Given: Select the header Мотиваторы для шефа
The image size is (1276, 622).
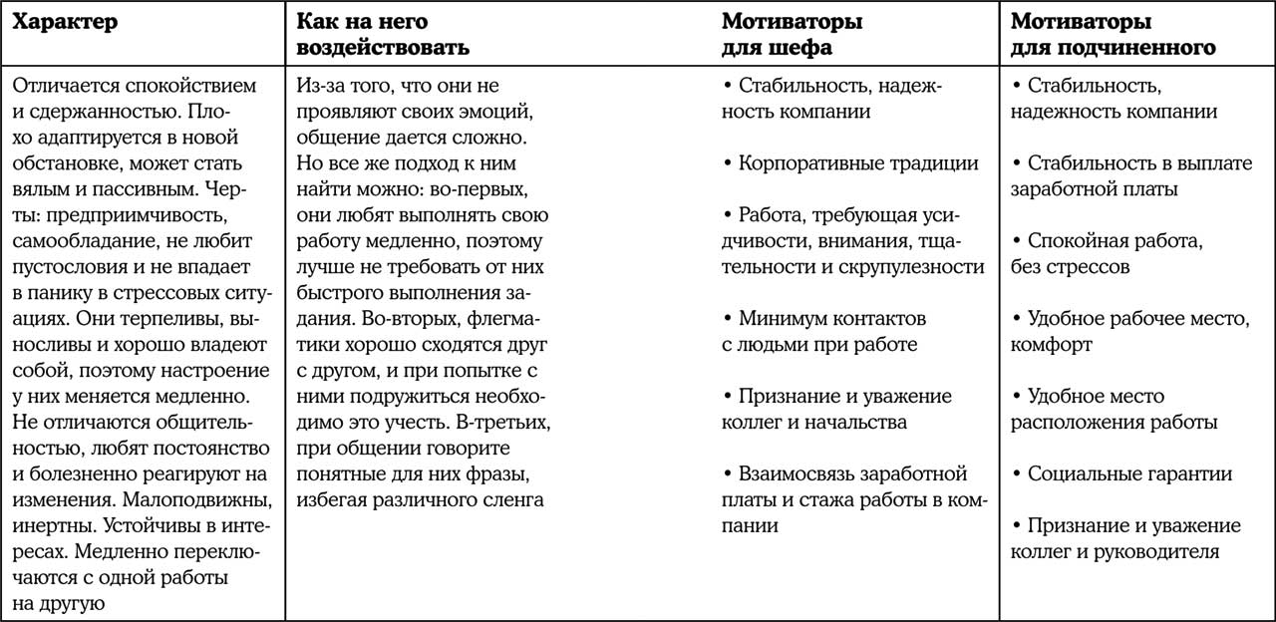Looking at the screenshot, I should point(792,34).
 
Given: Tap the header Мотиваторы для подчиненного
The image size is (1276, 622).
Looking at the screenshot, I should point(1113,34).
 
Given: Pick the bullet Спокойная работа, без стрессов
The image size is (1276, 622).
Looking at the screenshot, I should point(1107,254).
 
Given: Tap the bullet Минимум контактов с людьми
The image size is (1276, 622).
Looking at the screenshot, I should point(831,332).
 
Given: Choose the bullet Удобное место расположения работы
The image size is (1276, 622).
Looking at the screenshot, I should point(1114,409).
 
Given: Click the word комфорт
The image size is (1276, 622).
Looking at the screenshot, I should point(1051,345).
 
